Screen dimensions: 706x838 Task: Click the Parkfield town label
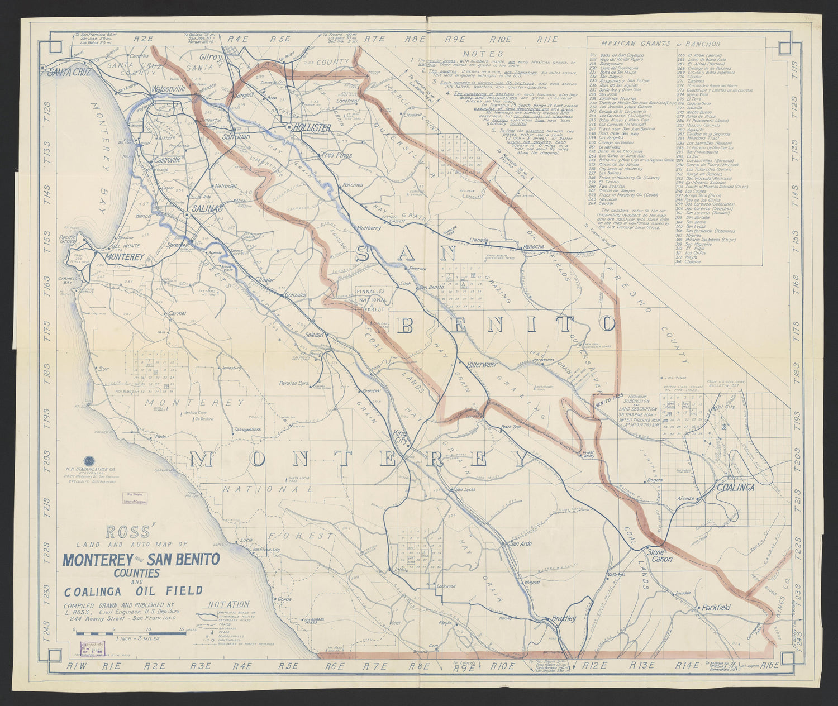click(717, 607)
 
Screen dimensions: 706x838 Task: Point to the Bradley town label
click(563, 619)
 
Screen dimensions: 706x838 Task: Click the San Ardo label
click(520, 543)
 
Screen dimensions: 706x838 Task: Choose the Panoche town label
click(533, 247)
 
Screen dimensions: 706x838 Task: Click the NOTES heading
click(479, 53)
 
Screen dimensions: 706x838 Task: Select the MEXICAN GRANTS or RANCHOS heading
click(660, 44)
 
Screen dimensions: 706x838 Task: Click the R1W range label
click(75, 666)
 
